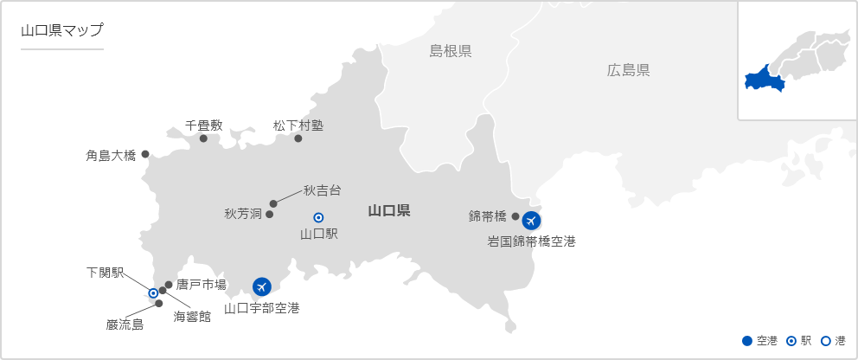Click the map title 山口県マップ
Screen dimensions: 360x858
pyautogui.click(x=61, y=30)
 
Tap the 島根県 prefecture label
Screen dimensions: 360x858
pyautogui.click(x=451, y=51)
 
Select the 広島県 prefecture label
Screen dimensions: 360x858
pyautogui.click(x=628, y=70)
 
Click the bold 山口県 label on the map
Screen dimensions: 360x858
pyautogui.click(x=388, y=210)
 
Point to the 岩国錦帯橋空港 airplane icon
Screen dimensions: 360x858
pyautogui.click(x=531, y=221)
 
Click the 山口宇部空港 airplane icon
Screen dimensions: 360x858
pyautogui.click(x=261, y=286)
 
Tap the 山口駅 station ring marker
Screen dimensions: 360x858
pyautogui.click(x=318, y=216)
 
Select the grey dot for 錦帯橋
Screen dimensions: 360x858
pyautogui.click(x=515, y=216)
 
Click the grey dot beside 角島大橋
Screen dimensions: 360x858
pyautogui.click(x=145, y=154)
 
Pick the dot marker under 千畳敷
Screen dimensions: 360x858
pyautogui.click(x=204, y=138)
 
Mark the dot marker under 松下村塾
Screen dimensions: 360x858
pyautogui.click(x=298, y=138)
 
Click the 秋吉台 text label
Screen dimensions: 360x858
pyautogui.click(x=322, y=190)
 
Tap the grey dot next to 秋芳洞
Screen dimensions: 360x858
pyautogui.click(x=270, y=214)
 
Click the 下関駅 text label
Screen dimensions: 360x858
pyautogui.click(x=105, y=273)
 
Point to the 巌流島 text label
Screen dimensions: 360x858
pyautogui.click(x=125, y=325)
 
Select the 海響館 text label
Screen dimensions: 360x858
pyautogui.click(x=192, y=317)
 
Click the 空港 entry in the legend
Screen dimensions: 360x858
pyautogui.click(x=761, y=341)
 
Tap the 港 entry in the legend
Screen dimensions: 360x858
pyautogui.click(x=834, y=341)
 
